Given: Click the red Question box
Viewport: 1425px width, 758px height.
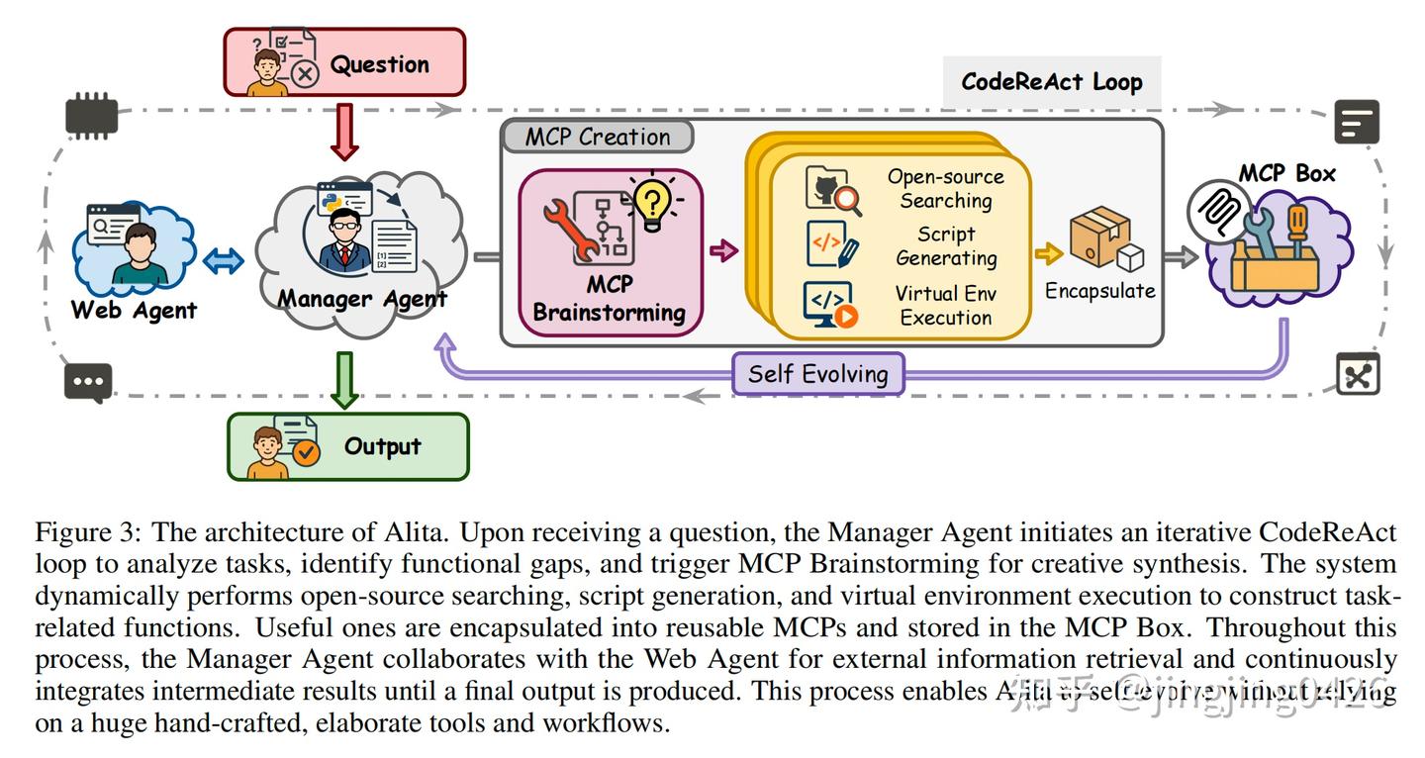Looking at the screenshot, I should tap(344, 62).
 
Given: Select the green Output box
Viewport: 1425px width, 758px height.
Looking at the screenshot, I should tap(348, 446).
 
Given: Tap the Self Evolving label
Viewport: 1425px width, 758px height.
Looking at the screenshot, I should tap(817, 374).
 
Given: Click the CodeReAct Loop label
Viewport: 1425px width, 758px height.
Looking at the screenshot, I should tap(1052, 81).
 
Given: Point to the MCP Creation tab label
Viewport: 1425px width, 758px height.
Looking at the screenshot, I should tap(598, 137).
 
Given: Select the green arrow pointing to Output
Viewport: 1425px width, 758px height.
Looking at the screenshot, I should tap(344, 380).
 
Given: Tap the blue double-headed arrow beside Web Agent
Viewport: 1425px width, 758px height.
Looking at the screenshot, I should tap(223, 261).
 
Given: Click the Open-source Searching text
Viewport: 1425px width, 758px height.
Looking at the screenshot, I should tap(945, 189).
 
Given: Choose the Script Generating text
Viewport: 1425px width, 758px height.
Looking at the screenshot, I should tap(945, 246).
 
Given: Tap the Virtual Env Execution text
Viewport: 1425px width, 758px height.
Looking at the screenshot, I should tap(945, 306).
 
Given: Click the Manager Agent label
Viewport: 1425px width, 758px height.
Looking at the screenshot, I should tap(362, 299).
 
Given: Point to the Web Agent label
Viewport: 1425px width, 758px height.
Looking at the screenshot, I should tap(134, 310).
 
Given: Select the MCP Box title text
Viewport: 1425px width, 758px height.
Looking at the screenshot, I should tap(1286, 173).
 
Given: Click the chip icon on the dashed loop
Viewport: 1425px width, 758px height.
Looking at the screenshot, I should tap(91, 118).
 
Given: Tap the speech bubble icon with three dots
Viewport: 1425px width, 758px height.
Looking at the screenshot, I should tap(88, 382).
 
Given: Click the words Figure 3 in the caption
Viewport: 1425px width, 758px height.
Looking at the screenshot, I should tap(86, 532).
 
